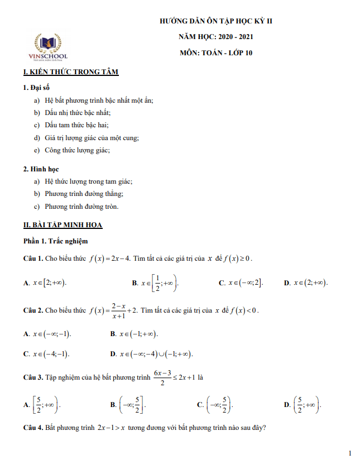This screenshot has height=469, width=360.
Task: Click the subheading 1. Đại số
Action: click(37, 88)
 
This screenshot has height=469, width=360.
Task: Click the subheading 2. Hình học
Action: click(41, 169)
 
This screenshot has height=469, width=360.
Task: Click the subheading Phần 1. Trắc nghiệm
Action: click(55, 241)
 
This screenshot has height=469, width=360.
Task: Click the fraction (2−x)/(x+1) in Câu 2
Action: click(117, 310)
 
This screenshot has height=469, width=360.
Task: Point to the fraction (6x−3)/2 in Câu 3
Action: click(161, 378)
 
